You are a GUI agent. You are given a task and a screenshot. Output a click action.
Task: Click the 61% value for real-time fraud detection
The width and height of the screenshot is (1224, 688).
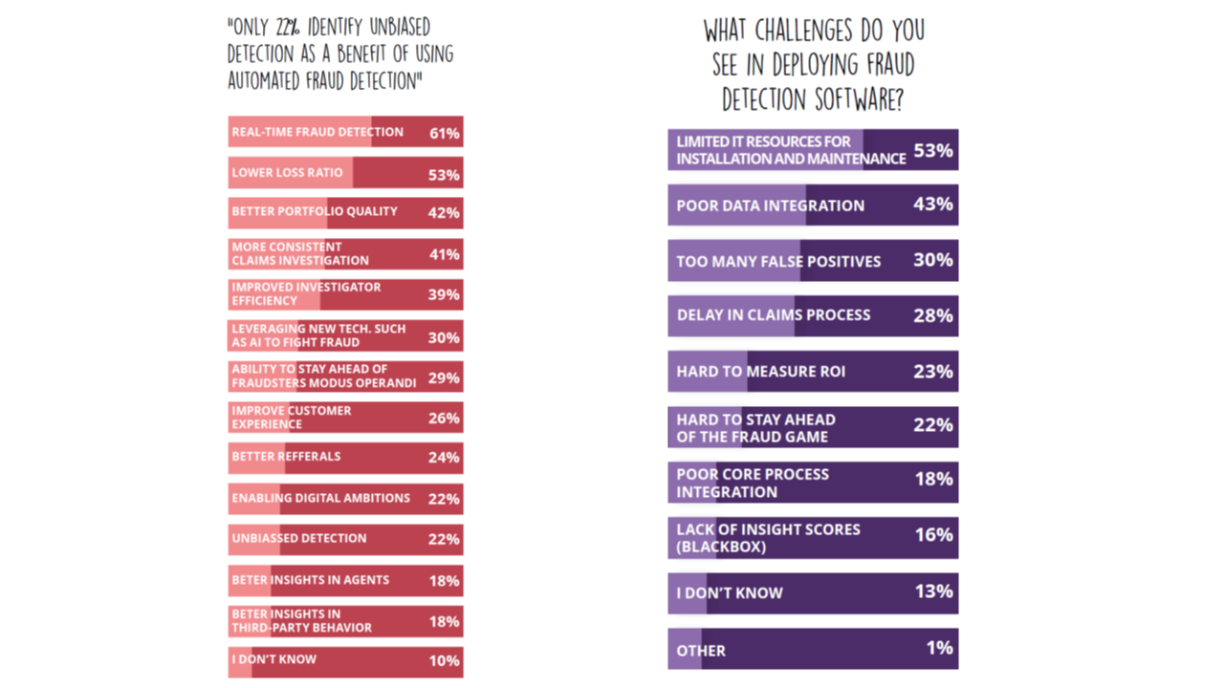point(445,134)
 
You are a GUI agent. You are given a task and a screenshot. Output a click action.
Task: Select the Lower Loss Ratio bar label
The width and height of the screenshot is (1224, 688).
point(273,173)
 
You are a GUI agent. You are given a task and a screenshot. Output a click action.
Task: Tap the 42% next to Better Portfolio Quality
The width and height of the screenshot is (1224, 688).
point(444,213)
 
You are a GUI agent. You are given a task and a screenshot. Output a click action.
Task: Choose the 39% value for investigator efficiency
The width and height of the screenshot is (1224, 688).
point(444,294)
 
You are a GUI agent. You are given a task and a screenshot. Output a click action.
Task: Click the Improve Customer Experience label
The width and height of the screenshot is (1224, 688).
point(291,417)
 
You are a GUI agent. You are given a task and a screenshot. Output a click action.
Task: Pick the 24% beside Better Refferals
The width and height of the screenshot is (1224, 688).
point(444,458)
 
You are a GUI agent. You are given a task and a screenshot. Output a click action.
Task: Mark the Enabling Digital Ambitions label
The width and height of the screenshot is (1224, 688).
point(320,498)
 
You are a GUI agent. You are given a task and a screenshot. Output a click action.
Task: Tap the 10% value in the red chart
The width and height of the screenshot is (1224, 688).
point(444,660)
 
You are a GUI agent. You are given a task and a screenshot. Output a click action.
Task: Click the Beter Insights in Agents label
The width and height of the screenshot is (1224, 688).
point(310,579)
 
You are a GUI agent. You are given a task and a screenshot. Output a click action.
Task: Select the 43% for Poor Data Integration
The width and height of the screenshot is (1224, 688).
point(932,204)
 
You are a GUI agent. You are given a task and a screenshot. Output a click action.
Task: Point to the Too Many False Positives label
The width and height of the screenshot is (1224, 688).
point(778,261)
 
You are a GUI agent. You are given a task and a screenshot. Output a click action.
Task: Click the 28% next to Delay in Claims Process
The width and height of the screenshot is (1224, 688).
point(932,315)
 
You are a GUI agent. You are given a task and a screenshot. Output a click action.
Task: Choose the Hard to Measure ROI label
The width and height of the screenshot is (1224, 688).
point(760,371)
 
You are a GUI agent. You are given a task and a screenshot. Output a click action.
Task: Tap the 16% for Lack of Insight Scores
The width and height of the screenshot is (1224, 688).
point(933,535)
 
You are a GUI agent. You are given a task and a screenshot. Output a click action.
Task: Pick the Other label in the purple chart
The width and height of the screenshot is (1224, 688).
point(701,651)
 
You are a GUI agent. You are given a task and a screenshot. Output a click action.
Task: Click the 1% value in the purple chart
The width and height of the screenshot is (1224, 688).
point(939,648)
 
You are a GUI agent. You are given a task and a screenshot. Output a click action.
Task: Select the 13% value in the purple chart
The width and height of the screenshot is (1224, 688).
point(932,591)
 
